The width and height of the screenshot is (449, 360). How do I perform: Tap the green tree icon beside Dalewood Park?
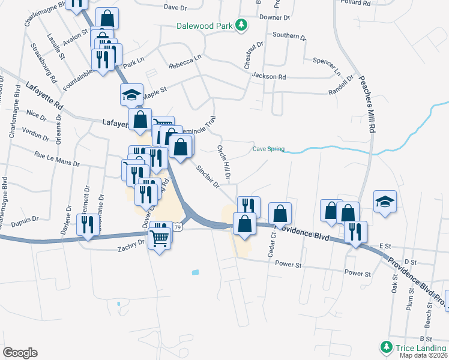click(x=241, y=25)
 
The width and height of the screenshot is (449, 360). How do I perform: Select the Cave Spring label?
click(x=268, y=149)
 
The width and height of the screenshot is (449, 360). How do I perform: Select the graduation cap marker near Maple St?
click(x=131, y=94)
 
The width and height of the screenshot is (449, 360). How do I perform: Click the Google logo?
click(x=20, y=352)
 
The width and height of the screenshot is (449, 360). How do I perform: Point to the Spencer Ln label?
click(x=327, y=61)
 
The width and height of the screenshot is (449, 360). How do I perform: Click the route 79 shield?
click(x=178, y=227)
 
